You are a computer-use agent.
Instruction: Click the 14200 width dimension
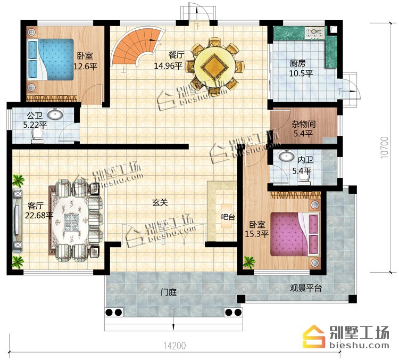[174, 346]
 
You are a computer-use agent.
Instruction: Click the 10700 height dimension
[385, 148]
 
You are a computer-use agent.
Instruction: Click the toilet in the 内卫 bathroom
[304, 181]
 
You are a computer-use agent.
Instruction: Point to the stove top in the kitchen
[315, 33]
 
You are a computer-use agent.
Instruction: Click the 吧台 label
[228, 217]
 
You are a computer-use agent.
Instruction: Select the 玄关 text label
[160, 203]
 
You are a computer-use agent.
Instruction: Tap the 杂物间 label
[303, 124]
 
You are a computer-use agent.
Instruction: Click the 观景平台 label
[306, 288]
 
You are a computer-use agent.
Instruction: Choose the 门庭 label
[169, 292]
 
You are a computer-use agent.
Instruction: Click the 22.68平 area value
[39, 215]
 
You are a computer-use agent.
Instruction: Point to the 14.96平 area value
[168, 66]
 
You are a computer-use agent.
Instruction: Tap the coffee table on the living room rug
[71, 222]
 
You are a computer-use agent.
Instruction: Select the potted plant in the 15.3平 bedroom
[249, 262]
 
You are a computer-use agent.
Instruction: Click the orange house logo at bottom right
[314, 336]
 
